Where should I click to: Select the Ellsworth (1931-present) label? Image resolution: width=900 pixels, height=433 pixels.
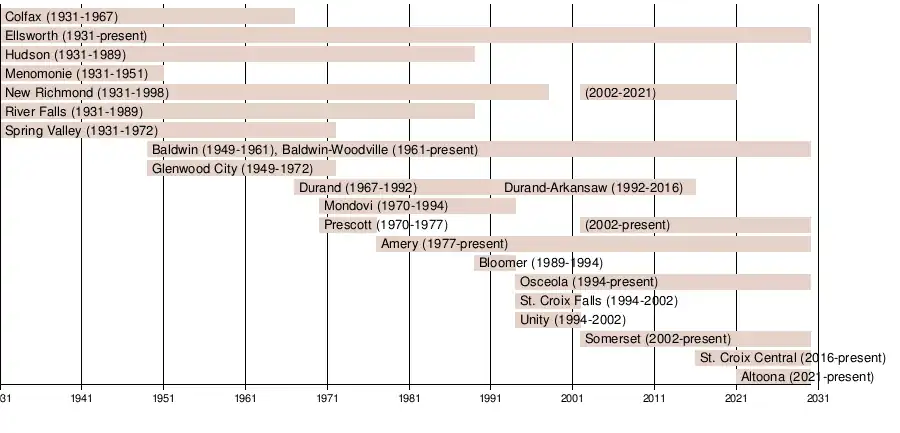[75, 35]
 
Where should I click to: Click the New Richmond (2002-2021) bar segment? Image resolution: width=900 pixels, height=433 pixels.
[659, 92]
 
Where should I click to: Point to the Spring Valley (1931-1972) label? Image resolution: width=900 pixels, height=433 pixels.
[81, 130]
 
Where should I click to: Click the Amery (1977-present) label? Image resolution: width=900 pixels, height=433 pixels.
[444, 244]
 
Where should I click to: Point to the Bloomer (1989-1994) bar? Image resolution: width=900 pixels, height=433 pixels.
[496, 263]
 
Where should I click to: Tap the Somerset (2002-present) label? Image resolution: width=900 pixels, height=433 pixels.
[657, 339]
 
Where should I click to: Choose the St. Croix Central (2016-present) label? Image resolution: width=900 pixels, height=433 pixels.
[792, 358]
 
